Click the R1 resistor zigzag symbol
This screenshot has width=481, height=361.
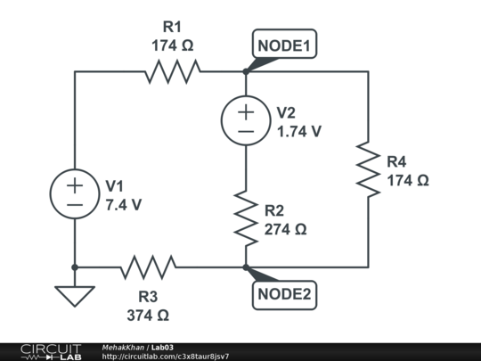click(173, 71)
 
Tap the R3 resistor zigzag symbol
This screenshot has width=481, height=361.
click(148, 267)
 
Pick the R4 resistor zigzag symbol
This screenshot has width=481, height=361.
click(368, 168)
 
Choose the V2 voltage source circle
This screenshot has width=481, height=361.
click(245, 120)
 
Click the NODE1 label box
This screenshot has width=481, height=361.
click(284, 45)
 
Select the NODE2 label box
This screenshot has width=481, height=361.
click(284, 294)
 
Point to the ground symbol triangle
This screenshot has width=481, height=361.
click(75, 295)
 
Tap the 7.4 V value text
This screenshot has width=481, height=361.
click(124, 204)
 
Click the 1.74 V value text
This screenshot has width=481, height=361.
click(299, 130)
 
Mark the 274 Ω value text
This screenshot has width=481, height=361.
click(285, 229)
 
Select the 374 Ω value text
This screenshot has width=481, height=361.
click(148, 314)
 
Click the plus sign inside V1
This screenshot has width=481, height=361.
click(75, 185)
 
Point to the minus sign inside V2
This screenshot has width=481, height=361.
click(245, 131)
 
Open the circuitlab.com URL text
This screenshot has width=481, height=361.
click(166, 357)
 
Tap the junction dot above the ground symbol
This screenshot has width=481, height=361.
click(75, 267)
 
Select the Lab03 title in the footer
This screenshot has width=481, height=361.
click(163, 347)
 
